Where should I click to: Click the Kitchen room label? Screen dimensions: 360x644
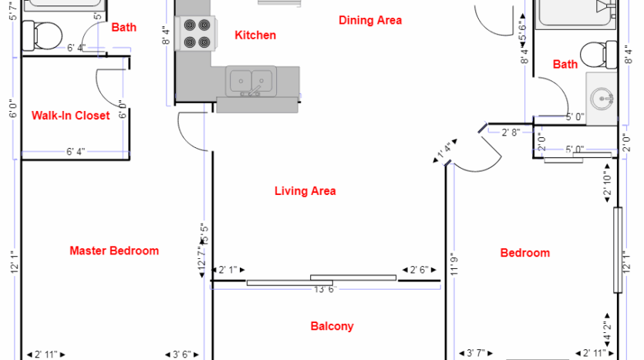tap(255, 35)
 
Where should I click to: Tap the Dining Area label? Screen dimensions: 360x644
tap(370, 21)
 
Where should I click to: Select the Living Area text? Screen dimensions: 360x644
tap(305, 191)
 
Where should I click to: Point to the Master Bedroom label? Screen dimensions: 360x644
tap(114, 251)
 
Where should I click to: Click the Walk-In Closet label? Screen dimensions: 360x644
tap(70, 116)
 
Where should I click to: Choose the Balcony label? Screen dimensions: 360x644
tap(332, 326)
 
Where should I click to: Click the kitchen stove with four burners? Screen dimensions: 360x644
tap(194, 33)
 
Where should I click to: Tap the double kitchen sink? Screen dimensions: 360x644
tap(251, 79)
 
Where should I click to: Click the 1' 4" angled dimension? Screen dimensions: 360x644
tap(443, 151)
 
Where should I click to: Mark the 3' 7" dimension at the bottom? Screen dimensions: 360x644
tap(477, 354)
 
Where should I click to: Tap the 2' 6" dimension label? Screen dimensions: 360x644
tap(419, 270)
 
